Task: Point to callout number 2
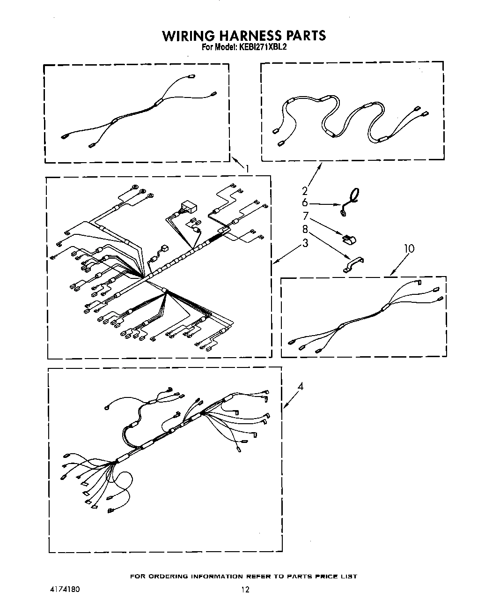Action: click(x=305, y=190)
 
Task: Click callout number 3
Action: click(x=305, y=243)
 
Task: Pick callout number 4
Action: click(x=301, y=387)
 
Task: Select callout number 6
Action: click(x=305, y=202)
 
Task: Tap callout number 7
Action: click(x=306, y=216)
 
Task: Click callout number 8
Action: click(x=305, y=229)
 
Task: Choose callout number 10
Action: click(x=409, y=248)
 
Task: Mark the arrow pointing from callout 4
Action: click(x=290, y=399)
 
